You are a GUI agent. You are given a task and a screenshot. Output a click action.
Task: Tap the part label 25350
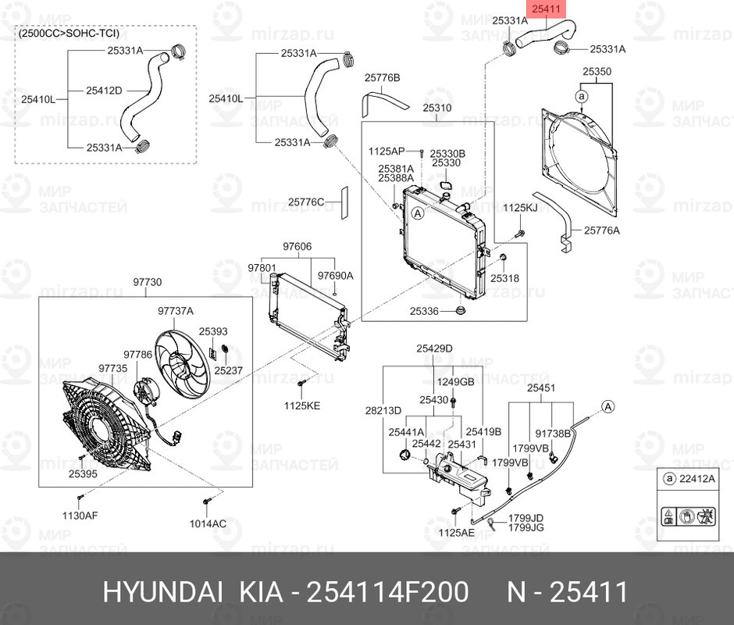(597, 71)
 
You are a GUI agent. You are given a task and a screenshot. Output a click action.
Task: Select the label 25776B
(382, 78)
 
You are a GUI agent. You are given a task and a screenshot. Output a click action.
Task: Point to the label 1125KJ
(520, 208)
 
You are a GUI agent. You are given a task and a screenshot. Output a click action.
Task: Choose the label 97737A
(175, 310)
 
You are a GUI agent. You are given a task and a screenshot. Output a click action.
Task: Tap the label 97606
(297, 246)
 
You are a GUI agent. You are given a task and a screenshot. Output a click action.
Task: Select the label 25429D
(434, 348)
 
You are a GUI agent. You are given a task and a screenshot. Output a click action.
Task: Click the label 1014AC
(208, 523)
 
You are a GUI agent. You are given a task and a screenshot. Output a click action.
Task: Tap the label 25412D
(104, 91)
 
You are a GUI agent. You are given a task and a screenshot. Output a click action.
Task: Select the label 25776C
(305, 202)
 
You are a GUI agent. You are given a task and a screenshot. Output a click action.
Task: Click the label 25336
(426, 311)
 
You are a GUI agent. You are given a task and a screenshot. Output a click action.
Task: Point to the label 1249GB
(455, 382)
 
